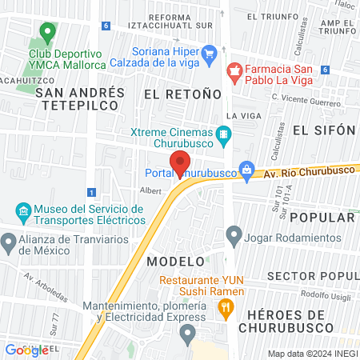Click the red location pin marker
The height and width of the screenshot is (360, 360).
click(180, 163)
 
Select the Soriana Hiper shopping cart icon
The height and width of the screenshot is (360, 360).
click(210, 54)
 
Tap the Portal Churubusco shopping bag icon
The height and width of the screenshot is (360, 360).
click(248, 169)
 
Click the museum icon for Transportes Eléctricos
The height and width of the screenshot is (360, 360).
click(23, 213)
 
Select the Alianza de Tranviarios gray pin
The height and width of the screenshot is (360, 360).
click(9, 241)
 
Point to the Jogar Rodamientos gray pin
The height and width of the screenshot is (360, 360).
click(234, 236)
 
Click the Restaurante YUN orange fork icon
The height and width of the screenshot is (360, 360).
click(226, 305)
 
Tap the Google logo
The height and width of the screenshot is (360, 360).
click(26, 350)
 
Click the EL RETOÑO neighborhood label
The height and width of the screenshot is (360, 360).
click(182, 94)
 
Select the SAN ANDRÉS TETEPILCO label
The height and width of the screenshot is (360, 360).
click(80, 98)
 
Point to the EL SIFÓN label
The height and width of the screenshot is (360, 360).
click(323, 130)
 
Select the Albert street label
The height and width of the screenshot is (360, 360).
click(150, 190)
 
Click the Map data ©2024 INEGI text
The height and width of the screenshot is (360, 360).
click(312, 353)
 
